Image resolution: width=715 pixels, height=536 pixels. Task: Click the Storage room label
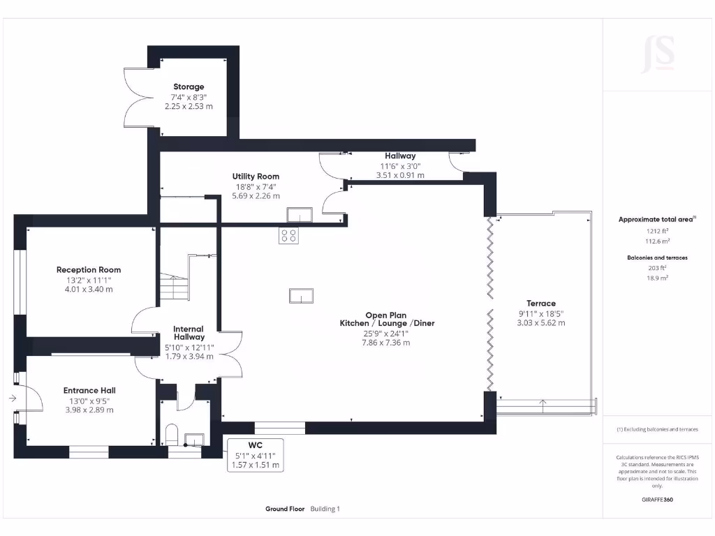pyautogui.click(x=189, y=87)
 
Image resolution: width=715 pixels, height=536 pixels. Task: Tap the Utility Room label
pyautogui.click(x=256, y=177)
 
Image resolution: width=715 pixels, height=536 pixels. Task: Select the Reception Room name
pyautogui.click(x=89, y=270)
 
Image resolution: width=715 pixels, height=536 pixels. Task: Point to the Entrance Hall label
pyautogui.click(x=89, y=391)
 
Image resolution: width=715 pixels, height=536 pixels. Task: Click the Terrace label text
pyautogui.click(x=541, y=304)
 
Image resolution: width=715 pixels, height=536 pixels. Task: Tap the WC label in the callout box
pyautogui.click(x=256, y=445)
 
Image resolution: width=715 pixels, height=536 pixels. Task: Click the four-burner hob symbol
pyautogui.click(x=288, y=235)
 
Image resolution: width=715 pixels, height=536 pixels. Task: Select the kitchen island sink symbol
pyautogui.click(x=302, y=296)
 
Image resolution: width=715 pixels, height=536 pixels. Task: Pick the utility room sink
pyautogui.click(x=300, y=215)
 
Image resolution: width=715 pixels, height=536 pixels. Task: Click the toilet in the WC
pyautogui.click(x=172, y=435)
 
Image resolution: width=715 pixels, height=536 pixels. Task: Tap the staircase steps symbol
pyautogui.click(x=174, y=286)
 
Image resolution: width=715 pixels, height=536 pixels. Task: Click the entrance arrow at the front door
pyautogui.click(x=13, y=399)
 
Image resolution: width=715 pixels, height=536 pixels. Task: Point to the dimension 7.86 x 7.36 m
pyautogui.click(x=385, y=343)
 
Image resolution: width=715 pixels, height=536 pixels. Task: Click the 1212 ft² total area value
pyautogui.click(x=657, y=231)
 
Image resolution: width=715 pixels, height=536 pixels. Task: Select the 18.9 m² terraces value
pyautogui.click(x=657, y=278)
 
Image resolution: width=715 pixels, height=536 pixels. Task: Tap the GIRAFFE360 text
pyautogui.click(x=657, y=500)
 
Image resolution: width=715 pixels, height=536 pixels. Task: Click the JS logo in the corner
pyautogui.click(x=658, y=54)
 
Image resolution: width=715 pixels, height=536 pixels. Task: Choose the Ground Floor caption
pyautogui.click(x=285, y=509)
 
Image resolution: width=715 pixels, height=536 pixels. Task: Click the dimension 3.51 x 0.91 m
pyautogui.click(x=400, y=175)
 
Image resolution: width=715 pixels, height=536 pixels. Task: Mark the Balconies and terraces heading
pyautogui.click(x=657, y=258)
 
